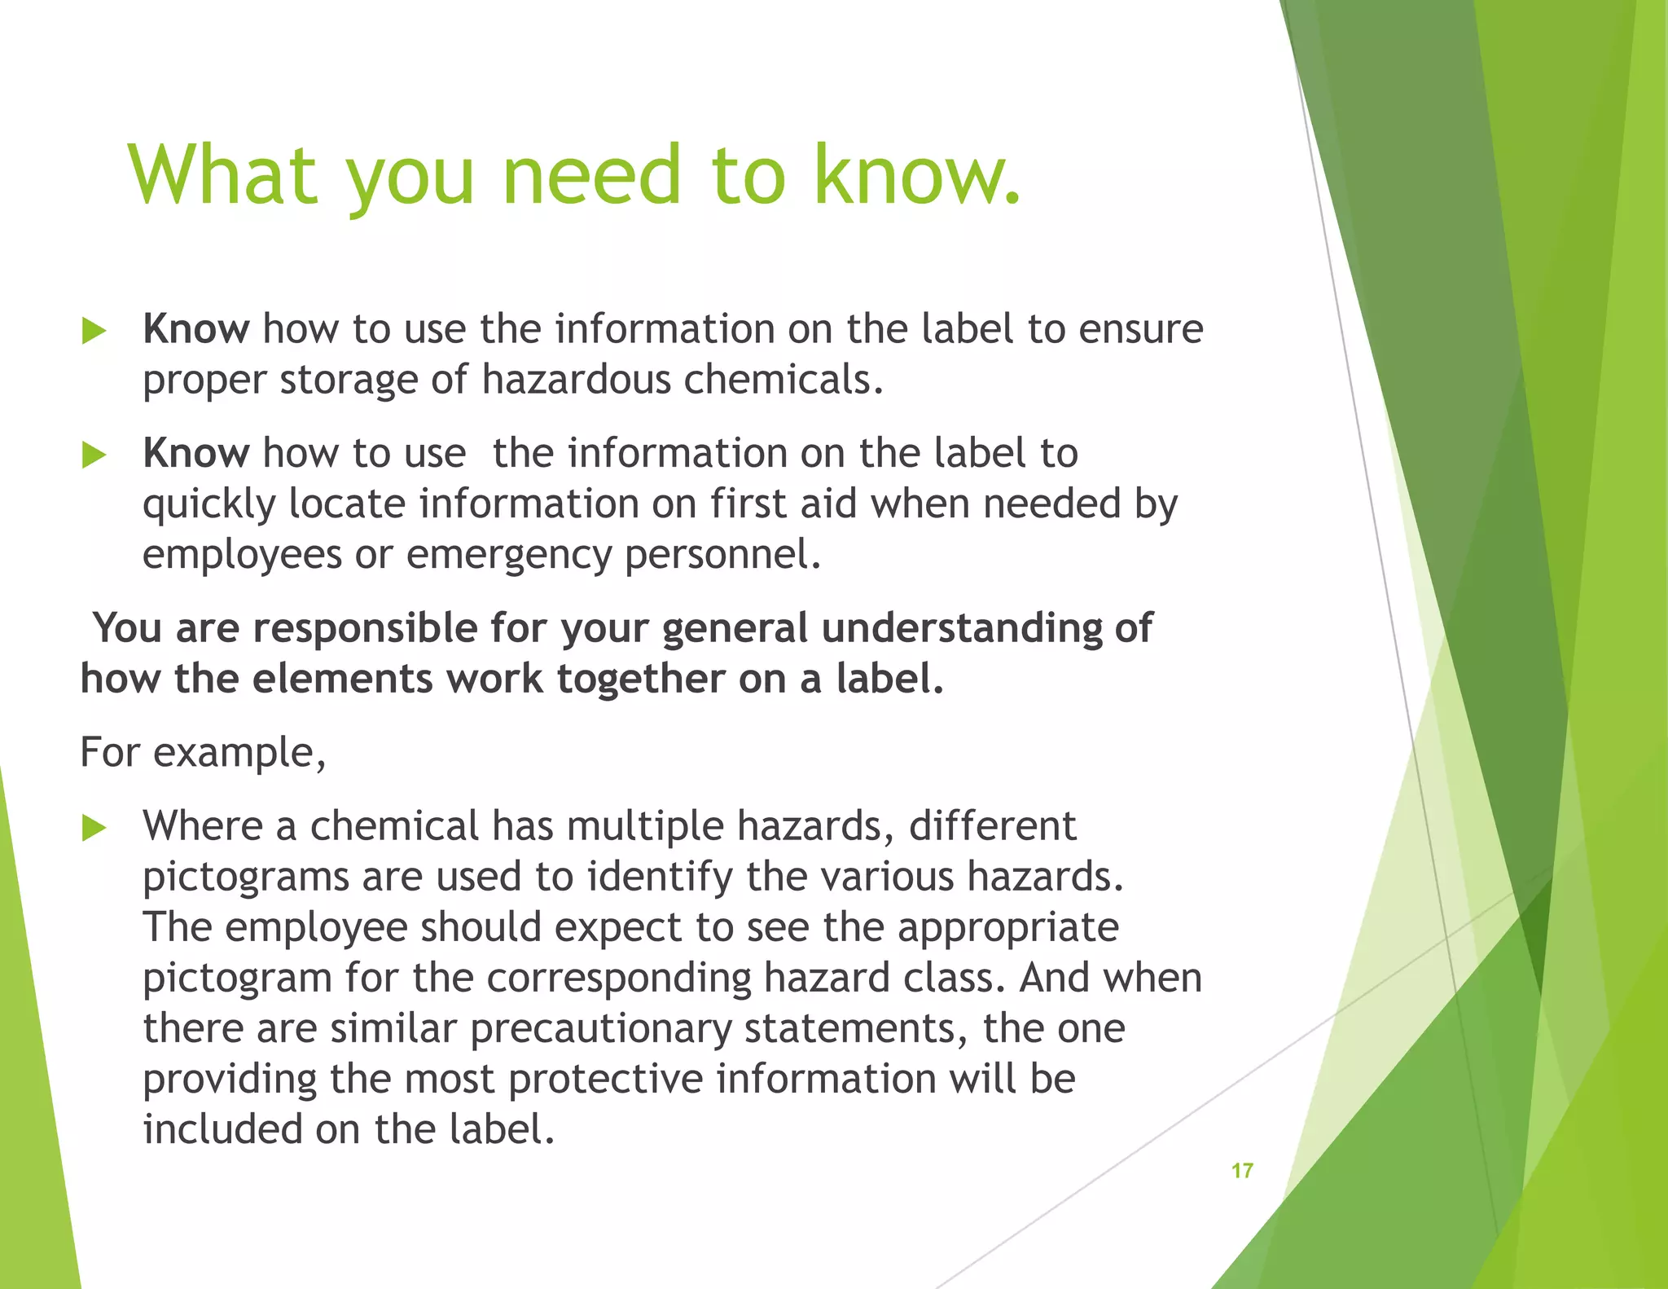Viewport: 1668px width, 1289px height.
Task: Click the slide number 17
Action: click(1242, 1171)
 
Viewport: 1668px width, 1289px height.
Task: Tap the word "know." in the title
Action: click(915, 174)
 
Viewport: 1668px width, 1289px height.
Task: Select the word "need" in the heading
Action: click(591, 174)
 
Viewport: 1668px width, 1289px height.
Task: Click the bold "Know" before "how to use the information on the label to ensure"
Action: click(195, 329)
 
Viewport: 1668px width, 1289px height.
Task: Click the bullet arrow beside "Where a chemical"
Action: click(94, 829)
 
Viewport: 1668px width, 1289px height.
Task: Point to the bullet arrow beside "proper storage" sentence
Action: click(94, 332)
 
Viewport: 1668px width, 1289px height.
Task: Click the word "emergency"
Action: click(508, 555)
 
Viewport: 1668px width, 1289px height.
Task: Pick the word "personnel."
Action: click(723, 555)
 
